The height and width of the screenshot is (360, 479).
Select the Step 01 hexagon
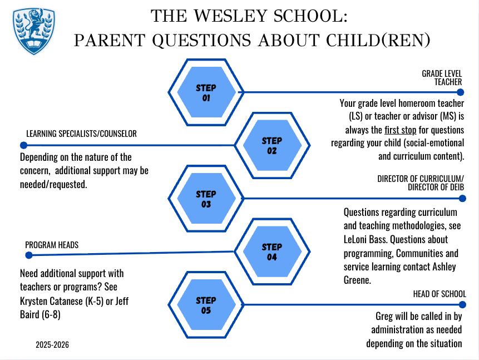click(206, 92)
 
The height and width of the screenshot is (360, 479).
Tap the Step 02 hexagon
click(271, 145)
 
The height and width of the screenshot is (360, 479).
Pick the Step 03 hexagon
click(206, 199)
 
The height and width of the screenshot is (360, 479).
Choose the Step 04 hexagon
click(271, 251)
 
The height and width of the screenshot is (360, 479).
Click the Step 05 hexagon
click(206, 305)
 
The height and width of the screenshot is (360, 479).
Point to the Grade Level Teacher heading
click(442, 77)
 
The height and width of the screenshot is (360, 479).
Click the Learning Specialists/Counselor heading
click(81, 134)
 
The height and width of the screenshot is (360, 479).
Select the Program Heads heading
click(52, 245)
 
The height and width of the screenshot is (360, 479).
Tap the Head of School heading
click(439, 294)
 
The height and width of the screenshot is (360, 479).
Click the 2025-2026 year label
click(52, 345)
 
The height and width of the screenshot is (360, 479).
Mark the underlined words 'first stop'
click(400, 130)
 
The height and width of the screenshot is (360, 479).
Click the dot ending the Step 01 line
click(461, 92)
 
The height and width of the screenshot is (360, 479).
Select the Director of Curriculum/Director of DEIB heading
click(421, 183)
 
